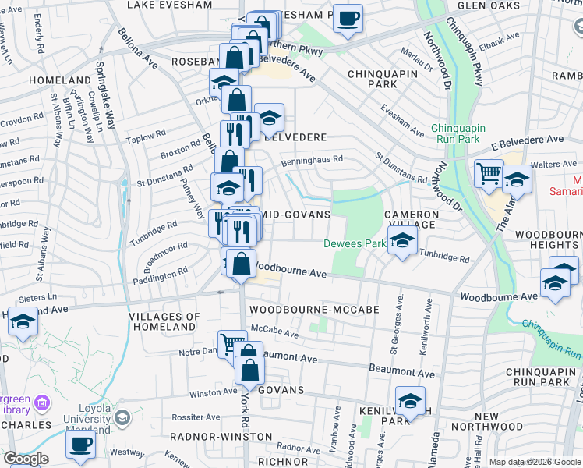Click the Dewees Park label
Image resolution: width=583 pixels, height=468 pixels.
pyautogui.click(x=355, y=243)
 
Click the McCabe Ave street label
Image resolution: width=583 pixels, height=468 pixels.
pyautogui.click(x=275, y=333)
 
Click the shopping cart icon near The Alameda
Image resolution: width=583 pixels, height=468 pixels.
pyautogui.click(x=488, y=173)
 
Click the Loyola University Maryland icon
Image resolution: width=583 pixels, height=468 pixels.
pyautogui.click(x=122, y=419)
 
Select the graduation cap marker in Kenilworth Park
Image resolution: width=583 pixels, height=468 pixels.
pyautogui.click(x=410, y=401)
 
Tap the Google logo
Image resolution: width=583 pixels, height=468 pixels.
pyautogui.click(x=26, y=459)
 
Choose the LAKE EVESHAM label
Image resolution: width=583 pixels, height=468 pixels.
pyautogui.click(x=168, y=5)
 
